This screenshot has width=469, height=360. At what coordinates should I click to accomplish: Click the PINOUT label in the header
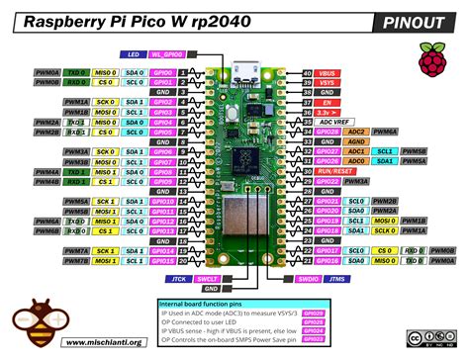[417, 21]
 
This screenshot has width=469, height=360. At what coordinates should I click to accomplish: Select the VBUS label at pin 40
[328, 73]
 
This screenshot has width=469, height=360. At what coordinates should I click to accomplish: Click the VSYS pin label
[328, 83]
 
